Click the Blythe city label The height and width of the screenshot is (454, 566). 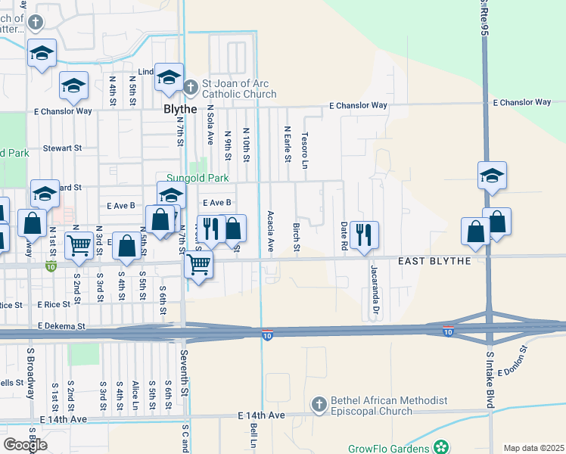(x=180, y=109)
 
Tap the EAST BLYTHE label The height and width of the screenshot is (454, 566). (x=435, y=260)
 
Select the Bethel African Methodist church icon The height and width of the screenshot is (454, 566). (x=319, y=406)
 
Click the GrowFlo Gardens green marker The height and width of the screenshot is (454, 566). (x=440, y=448)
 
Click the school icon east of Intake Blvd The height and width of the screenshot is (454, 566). (x=492, y=176)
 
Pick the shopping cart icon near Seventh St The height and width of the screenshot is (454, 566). (x=198, y=266)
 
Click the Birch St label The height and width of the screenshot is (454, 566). (x=297, y=238)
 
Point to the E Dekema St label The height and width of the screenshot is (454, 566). (x=62, y=326)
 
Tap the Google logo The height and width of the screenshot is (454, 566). (x=25, y=444)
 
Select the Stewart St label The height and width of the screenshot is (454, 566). (x=61, y=148)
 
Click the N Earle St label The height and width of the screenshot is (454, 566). (x=288, y=144)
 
